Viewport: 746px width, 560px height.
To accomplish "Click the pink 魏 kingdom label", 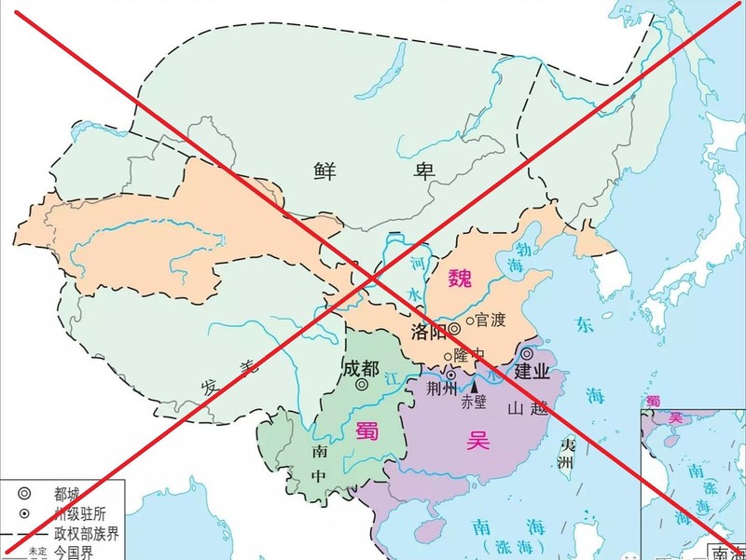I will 461,278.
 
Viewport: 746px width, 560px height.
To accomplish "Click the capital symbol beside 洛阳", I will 454,329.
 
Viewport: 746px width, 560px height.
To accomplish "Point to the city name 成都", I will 362,366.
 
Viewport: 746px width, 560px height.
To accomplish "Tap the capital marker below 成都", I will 362,384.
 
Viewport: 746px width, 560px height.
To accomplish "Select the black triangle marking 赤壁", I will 474,383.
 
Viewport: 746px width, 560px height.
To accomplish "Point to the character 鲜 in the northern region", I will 325,170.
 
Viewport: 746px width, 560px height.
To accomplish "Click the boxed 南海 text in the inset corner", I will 727,551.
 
